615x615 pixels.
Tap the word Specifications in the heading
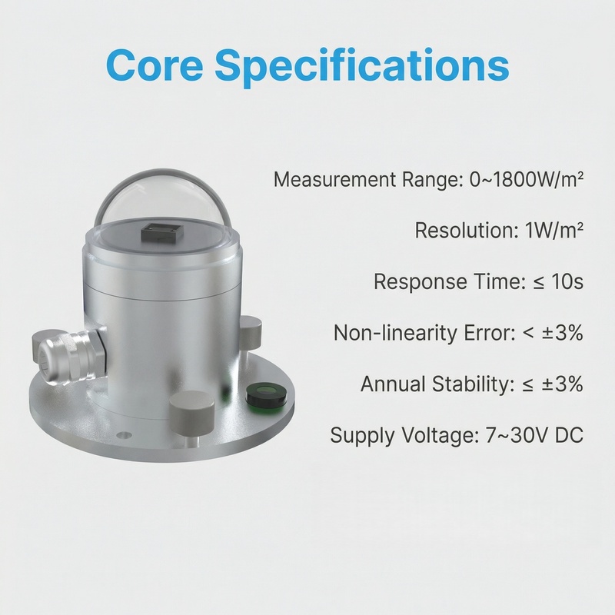coord(362,67)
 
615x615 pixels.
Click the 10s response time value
coord(567,281)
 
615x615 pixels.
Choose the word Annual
coord(393,384)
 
